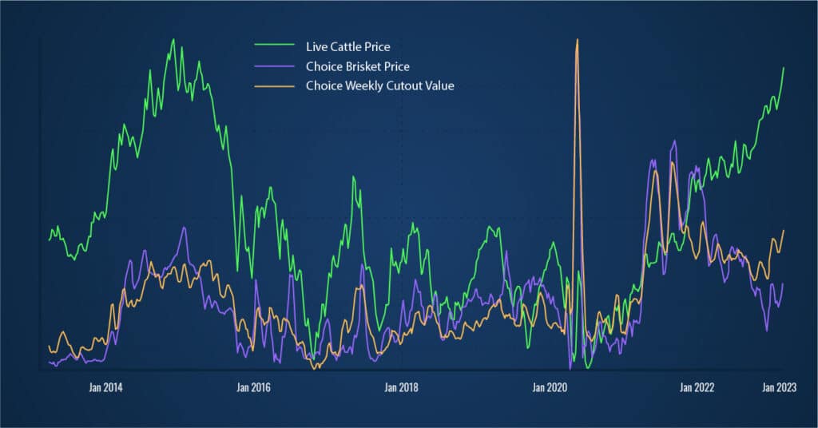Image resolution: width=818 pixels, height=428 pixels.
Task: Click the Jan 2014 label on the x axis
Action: click(x=106, y=387)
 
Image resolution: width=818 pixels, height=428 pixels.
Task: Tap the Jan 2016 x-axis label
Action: click(x=254, y=387)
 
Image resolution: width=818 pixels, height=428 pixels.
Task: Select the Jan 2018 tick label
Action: click(x=401, y=387)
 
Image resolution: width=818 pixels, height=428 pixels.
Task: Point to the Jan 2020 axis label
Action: click(x=549, y=387)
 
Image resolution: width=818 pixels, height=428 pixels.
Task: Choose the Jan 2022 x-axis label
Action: click(x=697, y=387)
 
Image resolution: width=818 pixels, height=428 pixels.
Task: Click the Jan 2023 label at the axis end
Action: click(x=779, y=387)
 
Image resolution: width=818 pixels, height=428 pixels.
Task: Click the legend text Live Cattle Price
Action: click(x=347, y=47)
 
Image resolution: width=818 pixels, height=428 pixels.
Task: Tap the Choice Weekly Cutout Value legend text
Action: click(x=379, y=85)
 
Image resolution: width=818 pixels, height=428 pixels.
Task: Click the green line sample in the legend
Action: click(x=273, y=48)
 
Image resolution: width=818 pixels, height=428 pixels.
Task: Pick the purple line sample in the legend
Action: click(x=273, y=67)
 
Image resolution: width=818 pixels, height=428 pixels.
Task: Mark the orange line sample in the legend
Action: click(x=273, y=86)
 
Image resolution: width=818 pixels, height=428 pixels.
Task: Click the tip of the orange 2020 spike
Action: click(x=577, y=39)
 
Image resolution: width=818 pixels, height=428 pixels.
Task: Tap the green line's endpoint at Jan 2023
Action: click(x=784, y=68)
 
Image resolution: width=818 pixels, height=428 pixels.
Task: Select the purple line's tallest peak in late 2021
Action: click(x=674, y=141)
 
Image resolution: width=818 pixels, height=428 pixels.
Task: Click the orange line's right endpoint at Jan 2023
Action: click(x=784, y=230)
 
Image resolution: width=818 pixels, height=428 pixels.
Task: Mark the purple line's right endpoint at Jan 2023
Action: click(x=784, y=283)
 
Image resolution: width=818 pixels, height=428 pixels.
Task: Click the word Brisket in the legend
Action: click(x=362, y=66)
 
